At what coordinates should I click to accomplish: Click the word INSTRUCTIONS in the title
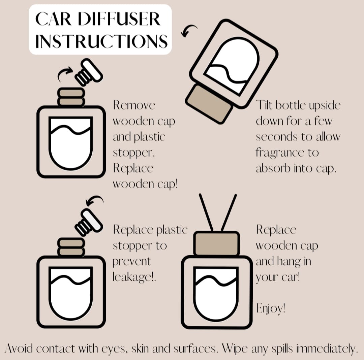coord(101,41)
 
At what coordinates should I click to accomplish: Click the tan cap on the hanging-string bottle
coord(216,243)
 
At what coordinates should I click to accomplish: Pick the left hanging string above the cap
coord(206,212)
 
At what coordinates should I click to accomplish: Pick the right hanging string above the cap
coord(229,212)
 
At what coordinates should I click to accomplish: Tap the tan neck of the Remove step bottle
coord(71,97)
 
